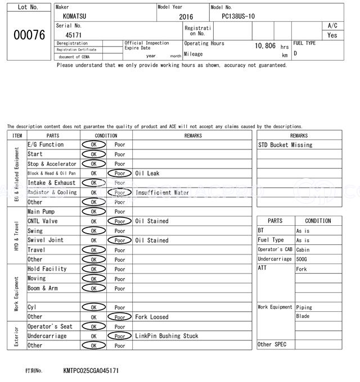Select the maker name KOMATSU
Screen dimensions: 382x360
pyautogui.click(x=75, y=16)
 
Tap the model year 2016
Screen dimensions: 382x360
pyautogui.click(x=186, y=17)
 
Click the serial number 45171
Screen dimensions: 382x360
pyautogui.click(x=74, y=35)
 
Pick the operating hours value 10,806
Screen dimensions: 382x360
pyautogui.click(x=265, y=46)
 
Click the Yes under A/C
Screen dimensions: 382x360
pyautogui.click(x=332, y=35)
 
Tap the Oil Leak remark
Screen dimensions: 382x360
pyautogui.click(x=147, y=173)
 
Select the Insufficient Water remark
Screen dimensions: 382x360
pyautogui.click(x=162, y=192)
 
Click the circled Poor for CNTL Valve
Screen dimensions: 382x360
pyautogui.click(x=120, y=221)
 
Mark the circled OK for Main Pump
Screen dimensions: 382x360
pyautogui.click(x=93, y=212)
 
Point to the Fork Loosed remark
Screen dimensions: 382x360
pyautogui.click(x=151, y=317)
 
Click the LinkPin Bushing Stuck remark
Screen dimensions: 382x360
pyautogui.click(x=166, y=336)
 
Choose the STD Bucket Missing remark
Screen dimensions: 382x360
pyautogui.click(x=285, y=145)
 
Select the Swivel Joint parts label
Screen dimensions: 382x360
pyautogui.click(x=46, y=240)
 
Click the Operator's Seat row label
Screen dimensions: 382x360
pyautogui.click(x=50, y=326)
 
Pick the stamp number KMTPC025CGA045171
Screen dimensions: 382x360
pyautogui.click(x=91, y=371)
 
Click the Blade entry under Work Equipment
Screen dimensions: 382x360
pyautogui.click(x=303, y=316)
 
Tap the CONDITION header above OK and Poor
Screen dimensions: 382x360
pyautogui.click(x=106, y=135)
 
